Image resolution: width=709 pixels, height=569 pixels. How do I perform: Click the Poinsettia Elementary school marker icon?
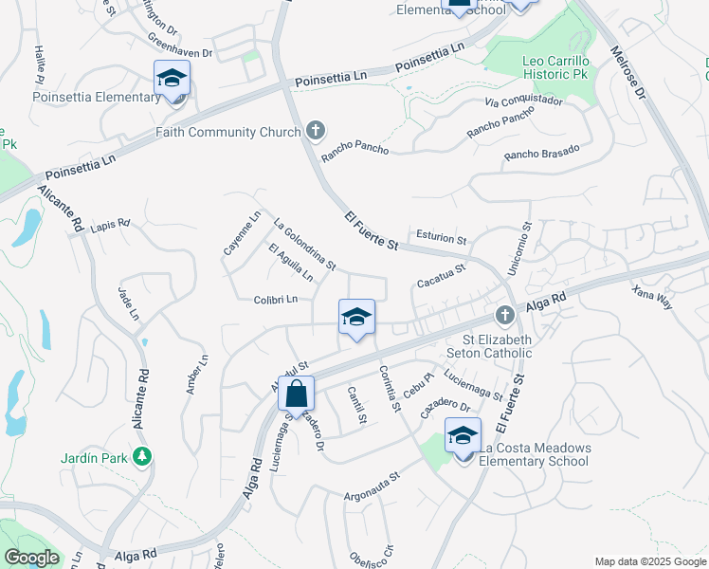pyautogui.click(x=172, y=78)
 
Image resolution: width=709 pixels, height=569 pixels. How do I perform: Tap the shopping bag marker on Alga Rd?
pyautogui.click(x=296, y=394)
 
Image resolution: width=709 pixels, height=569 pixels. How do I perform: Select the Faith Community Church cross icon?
pyautogui.click(x=317, y=131)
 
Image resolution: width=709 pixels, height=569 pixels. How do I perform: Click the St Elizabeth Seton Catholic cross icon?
pyautogui.click(x=504, y=315)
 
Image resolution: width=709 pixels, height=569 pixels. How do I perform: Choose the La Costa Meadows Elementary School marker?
pyautogui.click(x=463, y=436)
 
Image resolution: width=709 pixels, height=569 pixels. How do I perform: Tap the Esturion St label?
pyautogui.click(x=441, y=236)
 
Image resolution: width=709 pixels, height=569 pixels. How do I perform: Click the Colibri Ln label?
pyautogui.click(x=276, y=300)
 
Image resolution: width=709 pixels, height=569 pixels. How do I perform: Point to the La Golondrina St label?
pyautogui.click(x=304, y=246)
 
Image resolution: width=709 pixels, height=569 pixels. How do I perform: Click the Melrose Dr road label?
pyautogui.click(x=627, y=75)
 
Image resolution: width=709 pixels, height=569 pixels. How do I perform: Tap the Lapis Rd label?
pyautogui.click(x=110, y=225)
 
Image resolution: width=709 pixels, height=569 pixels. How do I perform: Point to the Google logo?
pyautogui.click(x=31, y=558)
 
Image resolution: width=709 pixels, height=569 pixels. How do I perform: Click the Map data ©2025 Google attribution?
pyautogui.click(x=650, y=561)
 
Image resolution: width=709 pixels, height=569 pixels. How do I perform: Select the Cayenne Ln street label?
pyautogui.click(x=241, y=233)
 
